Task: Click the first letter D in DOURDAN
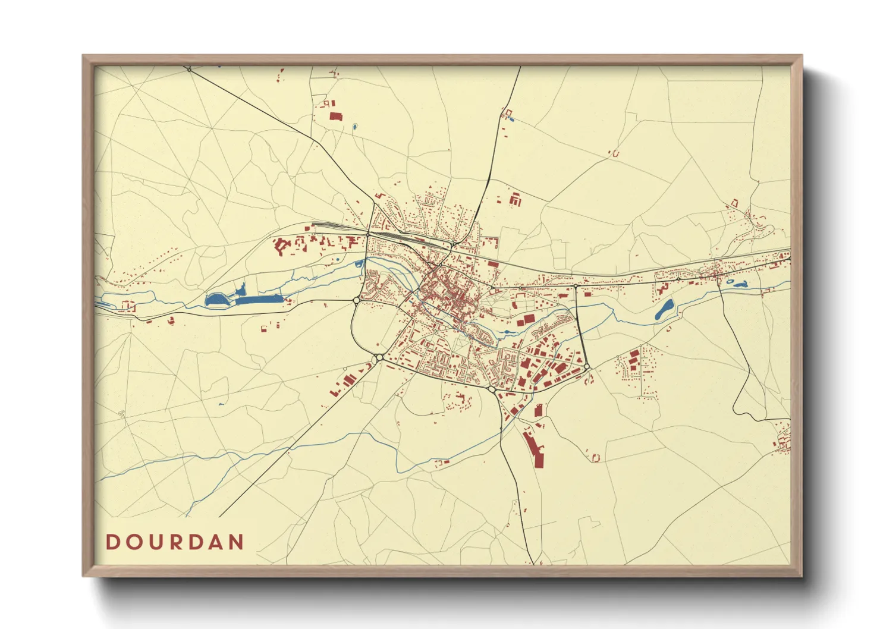pos(112,542)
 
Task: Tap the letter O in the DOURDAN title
pos(133,542)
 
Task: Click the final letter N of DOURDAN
pos(237,542)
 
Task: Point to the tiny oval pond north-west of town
pos(355,127)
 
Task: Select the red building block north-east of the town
pos(515,199)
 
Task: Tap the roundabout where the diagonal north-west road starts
pos(189,70)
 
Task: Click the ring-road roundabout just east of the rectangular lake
pos(356,300)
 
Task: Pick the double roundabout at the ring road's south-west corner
pos(379,357)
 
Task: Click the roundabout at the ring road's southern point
pos(492,389)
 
